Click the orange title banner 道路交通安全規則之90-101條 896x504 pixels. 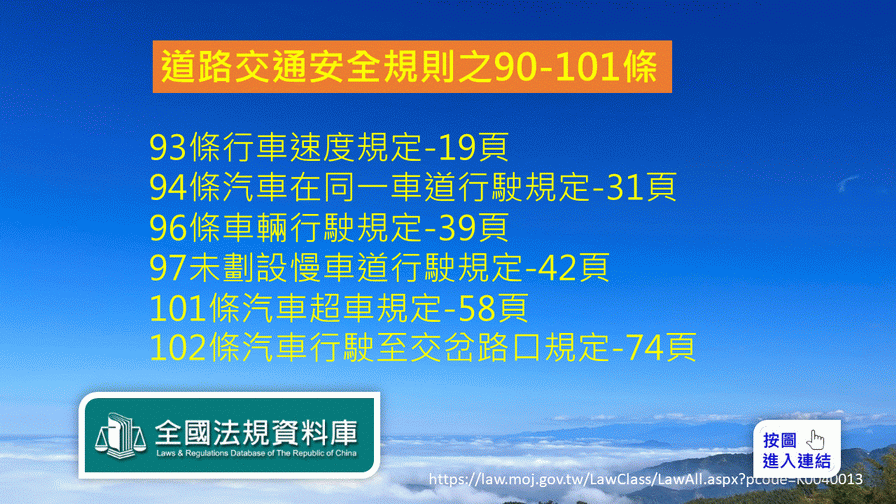[x=412, y=66]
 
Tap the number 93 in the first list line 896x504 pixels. [x=168, y=147]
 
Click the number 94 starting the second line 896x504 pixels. [x=168, y=187]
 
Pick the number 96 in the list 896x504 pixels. [x=168, y=227]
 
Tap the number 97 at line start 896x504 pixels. [x=168, y=267]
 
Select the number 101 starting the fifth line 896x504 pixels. [x=178, y=308]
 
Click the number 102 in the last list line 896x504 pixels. [x=178, y=347]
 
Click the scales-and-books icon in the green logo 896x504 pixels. [x=121, y=435]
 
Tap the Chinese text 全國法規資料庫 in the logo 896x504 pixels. [x=256, y=432]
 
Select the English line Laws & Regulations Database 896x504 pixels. [x=256, y=453]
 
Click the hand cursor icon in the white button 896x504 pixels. [x=815, y=440]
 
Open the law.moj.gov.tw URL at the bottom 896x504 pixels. [x=646, y=479]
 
